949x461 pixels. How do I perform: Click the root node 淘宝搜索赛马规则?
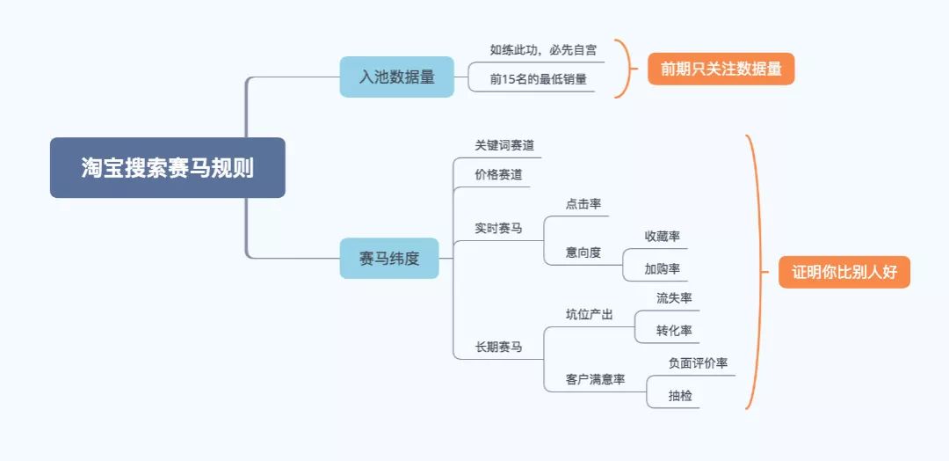pyautogui.click(x=167, y=168)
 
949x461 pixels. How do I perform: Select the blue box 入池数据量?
pyautogui.click(x=396, y=77)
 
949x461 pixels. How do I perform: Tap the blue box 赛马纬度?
pyautogui.click(x=388, y=259)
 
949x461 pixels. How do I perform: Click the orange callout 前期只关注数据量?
pyautogui.click(x=721, y=69)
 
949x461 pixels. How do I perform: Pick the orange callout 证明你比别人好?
pyautogui.click(x=844, y=272)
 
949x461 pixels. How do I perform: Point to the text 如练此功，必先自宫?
pyautogui.click(x=543, y=49)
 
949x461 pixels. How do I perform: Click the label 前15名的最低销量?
pyautogui.click(x=538, y=79)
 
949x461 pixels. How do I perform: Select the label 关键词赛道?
pyautogui.click(x=504, y=145)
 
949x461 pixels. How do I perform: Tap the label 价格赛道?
pyautogui.click(x=498, y=174)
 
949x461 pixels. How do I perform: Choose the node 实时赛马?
pyautogui.click(x=498, y=228)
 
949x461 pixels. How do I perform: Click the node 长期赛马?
pyautogui.click(x=498, y=347)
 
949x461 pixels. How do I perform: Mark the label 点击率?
pyautogui.click(x=583, y=203)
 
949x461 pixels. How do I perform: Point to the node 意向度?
pyautogui.click(x=583, y=252)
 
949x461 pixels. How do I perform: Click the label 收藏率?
pyautogui.click(x=662, y=236)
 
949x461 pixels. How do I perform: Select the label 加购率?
pyautogui.click(x=662, y=268)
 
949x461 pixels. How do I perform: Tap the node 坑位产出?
pyautogui.click(x=589, y=314)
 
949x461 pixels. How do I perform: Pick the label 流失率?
pyautogui.click(x=674, y=298)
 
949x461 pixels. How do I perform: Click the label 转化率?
pyautogui.click(x=674, y=331)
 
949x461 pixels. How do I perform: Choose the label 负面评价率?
pyautogui.click(x=698, y=362)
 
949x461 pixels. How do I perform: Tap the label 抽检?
pyautogui.click(x=680, y=396)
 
